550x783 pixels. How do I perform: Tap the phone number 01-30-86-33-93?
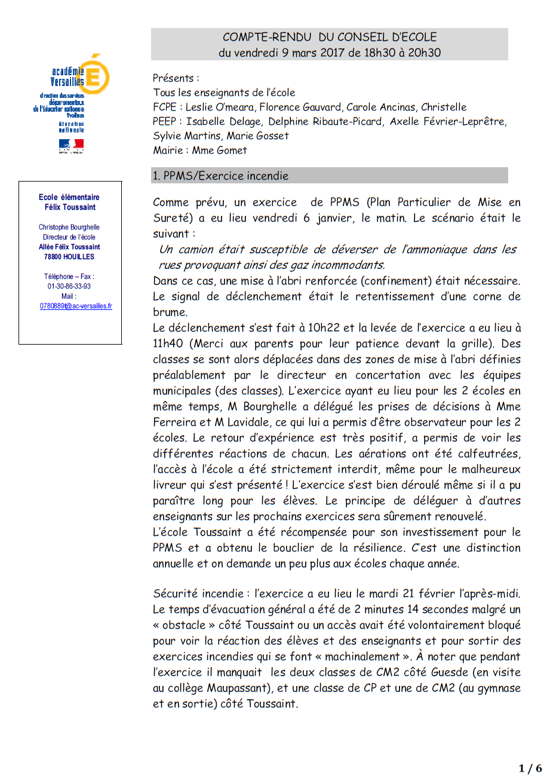(69, 286)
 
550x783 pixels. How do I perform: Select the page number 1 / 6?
(530, 768)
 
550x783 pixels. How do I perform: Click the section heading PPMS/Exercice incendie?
(220, 176)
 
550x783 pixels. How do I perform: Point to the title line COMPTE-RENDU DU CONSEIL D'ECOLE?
(330, 37)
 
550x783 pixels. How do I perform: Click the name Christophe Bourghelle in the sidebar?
(69, 228)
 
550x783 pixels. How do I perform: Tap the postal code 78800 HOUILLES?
(69, 257)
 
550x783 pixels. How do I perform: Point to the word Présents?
(173, 78)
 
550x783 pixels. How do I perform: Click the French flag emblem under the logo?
(71, 145)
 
